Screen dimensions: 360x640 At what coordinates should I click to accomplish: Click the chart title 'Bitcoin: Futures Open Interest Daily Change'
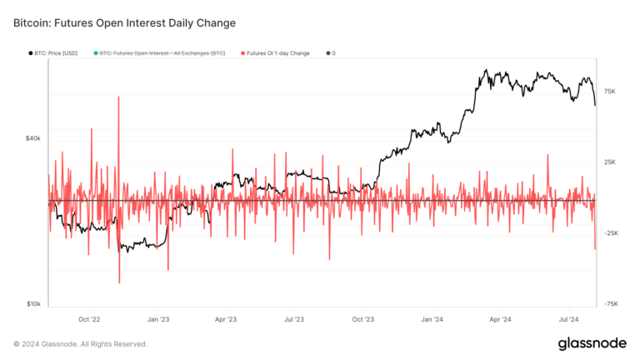point(124,22)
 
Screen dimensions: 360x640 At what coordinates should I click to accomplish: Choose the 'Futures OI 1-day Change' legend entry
point(277,53)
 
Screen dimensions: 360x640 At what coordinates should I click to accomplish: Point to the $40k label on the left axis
point(32,138)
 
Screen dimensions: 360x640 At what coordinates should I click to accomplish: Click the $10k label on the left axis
point(32,304)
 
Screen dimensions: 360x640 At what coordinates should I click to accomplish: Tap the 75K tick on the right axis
point(609,92)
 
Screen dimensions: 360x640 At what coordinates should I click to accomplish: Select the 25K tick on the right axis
point(609,162)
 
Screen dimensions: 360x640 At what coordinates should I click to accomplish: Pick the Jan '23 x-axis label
point(158,318)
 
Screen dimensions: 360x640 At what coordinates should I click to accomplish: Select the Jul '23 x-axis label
point(294,318)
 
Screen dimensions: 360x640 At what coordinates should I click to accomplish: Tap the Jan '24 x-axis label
point(431,318)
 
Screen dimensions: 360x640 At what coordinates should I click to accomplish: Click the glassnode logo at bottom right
point(592,343)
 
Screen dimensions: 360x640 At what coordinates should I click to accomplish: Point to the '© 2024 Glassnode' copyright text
point(80,343)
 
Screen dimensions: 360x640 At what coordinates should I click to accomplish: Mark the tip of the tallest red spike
point(119,97)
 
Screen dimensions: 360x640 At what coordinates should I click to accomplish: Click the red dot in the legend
point(243,53)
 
